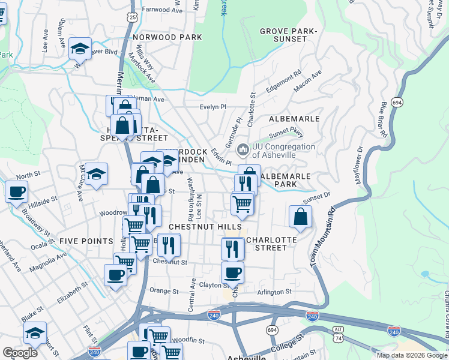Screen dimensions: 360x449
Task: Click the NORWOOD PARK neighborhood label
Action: (x=167, y=37)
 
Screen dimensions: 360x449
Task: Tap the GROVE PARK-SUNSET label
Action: (x=288, y=35)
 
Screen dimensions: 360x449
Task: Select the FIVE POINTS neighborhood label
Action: (x=86, y=241)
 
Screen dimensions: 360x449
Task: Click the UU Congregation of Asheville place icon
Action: (x=243, y=149)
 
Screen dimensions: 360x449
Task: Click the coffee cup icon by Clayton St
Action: (x=232, y=273)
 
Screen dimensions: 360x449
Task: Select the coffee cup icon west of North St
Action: (x=16, y=192)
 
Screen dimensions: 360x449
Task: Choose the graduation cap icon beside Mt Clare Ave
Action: (x=96, y=174)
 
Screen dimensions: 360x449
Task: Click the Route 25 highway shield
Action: (x=132, y=18)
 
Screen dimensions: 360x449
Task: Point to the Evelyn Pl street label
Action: (x=212, y=107)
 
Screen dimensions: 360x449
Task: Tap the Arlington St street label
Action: (x=274, y=292)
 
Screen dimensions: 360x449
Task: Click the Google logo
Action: (x=20, y=353)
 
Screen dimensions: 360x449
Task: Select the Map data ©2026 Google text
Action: (x=411, y=355)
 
